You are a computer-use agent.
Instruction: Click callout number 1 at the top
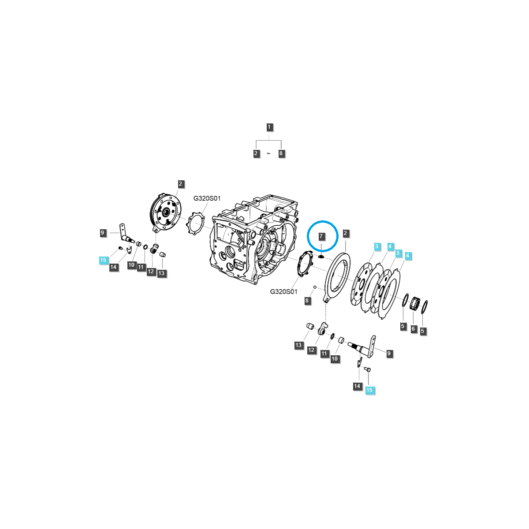pyautogui.click(x=269, y=127)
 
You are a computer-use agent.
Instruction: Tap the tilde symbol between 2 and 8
pyautogui.click(x=268, y=154)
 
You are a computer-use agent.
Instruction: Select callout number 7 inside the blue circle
pyautogui.click(x=321, y=237)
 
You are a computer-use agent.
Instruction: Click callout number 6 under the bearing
pyautogui.click(x=413, y=328)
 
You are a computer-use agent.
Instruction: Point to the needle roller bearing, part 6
pyautogui.click(x=414, y=304)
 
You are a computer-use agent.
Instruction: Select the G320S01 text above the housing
pyautogui.click(x=207, y=199)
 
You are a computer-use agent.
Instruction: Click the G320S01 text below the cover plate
pyautogui.click(x=283, y=291)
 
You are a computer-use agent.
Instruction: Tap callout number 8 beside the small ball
pyautogui.click(x=307, y=301)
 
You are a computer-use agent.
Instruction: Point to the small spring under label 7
pyautogui.click(x=321, y=256)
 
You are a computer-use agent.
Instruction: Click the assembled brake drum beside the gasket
pyautogui.click(x=166, y=213)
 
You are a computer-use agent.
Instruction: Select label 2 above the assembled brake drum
pyautogui.click(x=180, y=184)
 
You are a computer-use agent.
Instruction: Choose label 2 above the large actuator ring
pyautogui.click(x=346, y=233)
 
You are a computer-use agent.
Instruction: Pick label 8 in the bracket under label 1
pyautogui.click(x=281, y=154)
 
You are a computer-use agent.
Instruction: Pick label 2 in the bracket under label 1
pyautogui.click(x=256, y=154)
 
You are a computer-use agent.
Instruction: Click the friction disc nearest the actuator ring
pyautogui.click(x=361, y=284)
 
